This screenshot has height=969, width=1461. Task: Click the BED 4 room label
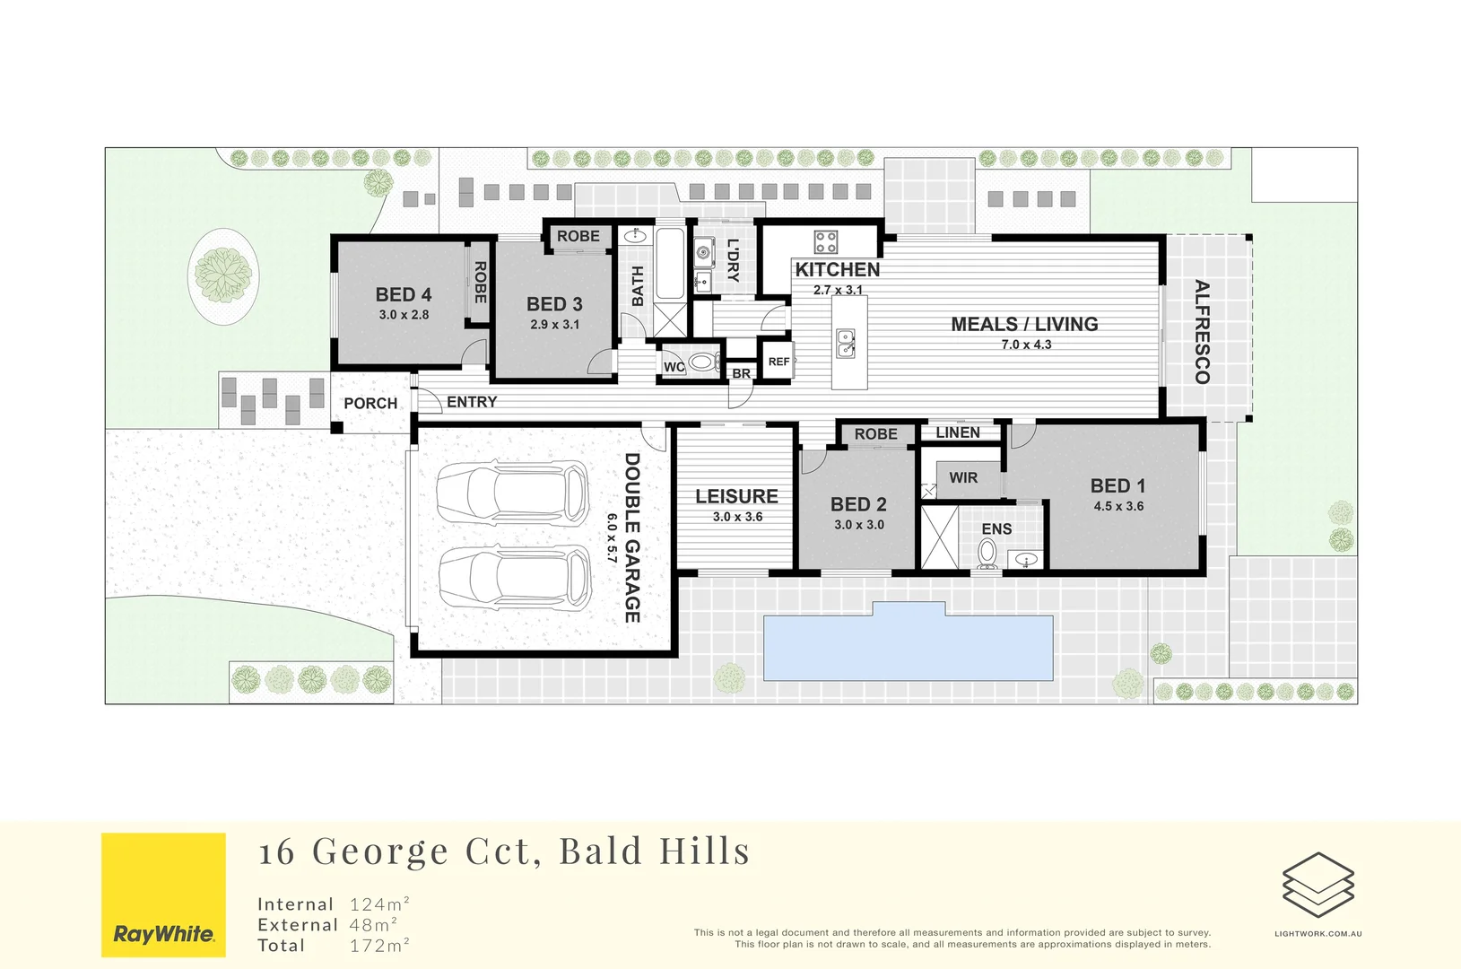pos(404,294)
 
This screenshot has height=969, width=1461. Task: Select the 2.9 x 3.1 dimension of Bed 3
pos(554,325)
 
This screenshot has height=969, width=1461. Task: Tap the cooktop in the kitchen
pos(825,242)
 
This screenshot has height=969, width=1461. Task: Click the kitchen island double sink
pos(846,343)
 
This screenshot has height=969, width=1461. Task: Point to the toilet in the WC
pos(703,363)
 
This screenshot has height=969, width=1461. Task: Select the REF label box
pos(778,362)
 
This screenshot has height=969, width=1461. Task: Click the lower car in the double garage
pos(514,577)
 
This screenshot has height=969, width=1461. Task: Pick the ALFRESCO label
pos(1202,332)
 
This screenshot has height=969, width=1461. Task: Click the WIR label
pos(963,478)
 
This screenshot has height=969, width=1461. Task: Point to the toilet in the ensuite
pos(987,554)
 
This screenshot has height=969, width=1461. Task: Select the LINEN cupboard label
pos(957,432)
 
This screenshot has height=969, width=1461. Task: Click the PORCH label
pos(370,404)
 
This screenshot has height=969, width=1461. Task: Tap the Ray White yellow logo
pos(163,895)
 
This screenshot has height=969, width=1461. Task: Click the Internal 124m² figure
pos(379,904)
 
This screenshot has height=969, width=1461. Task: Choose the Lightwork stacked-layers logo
pos(1318,885)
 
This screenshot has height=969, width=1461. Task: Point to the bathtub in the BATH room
pos(669,265)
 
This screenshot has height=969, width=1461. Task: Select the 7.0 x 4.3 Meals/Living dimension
pos(1026,345)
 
